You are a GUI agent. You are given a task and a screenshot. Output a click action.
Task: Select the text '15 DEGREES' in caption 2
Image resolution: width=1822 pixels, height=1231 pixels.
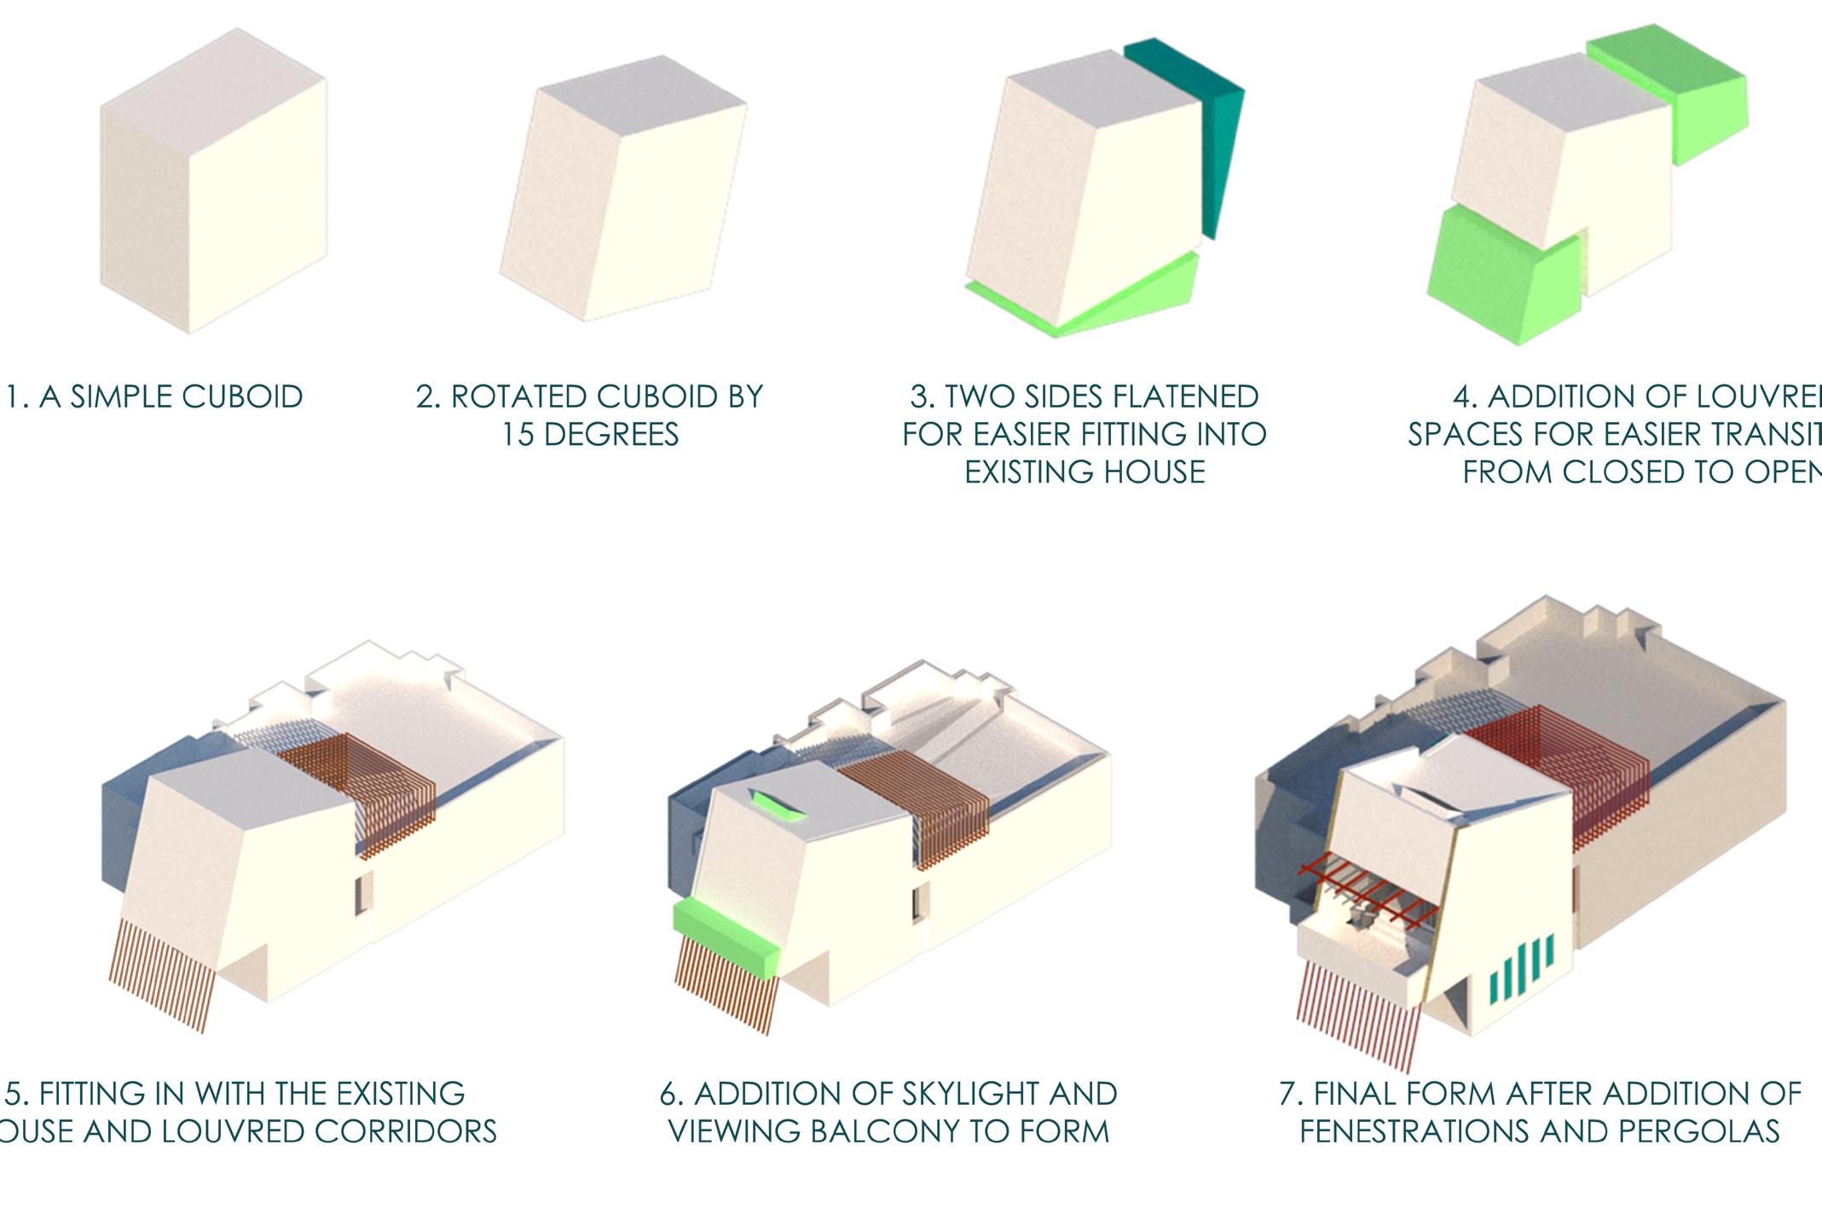pos(589,435)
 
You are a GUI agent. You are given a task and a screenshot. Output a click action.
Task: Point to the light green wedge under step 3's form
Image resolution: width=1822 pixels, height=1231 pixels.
pos(1108,298)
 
